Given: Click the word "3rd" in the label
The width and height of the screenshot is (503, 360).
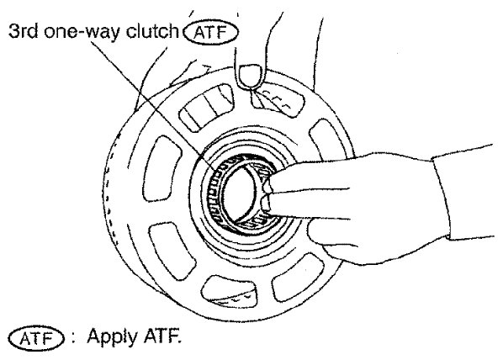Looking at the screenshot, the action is pyautogui.click(x=23, y=31).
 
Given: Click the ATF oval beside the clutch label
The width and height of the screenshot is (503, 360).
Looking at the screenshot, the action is pyautogui.click(x=211, y=33).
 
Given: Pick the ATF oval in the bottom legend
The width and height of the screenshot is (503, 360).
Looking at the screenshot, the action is pyautogui.click(x=36, y=339).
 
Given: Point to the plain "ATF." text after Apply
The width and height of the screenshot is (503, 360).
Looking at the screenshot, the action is pyautogui.click(x=162, y=336).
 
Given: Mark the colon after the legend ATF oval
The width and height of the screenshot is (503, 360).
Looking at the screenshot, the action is pyautogui.click(x=73, y=338).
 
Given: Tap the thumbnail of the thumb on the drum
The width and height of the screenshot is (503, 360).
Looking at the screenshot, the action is pyautogui.click(x=251, y=76).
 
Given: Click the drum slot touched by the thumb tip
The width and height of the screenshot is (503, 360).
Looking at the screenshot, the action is pyautogui.click(x=277, y=99).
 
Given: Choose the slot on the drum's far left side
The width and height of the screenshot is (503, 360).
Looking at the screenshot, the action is pyautogui.click(x=161, y=169).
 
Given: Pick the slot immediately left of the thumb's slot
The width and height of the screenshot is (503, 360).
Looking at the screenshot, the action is pyautogui.click(x=205, y=108).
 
